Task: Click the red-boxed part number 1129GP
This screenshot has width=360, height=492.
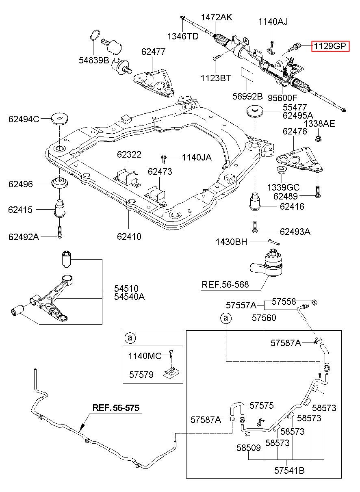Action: click(330, 46)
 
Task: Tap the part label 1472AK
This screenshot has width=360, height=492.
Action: click(216, 17)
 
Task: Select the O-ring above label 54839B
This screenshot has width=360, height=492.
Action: click(95, 35)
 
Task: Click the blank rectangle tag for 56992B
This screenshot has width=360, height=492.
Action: click(247, 74)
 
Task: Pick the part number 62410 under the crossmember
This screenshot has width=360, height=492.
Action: click(129, 236)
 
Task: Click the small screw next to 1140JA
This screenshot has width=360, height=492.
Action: click(164, 159)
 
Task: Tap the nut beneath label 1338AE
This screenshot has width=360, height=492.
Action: click(318, 139)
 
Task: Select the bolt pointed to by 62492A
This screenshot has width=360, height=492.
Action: click(59, 232)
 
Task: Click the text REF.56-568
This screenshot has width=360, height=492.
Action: click(225, 285)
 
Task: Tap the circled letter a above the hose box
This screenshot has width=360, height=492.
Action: click(226, 318)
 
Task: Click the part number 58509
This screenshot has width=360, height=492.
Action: click(248, 448)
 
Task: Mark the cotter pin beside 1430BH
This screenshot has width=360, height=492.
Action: click(274, 242)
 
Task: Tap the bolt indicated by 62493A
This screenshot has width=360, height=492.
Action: click(255, 227)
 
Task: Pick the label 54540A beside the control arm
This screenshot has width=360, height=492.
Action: click(129, 297)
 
